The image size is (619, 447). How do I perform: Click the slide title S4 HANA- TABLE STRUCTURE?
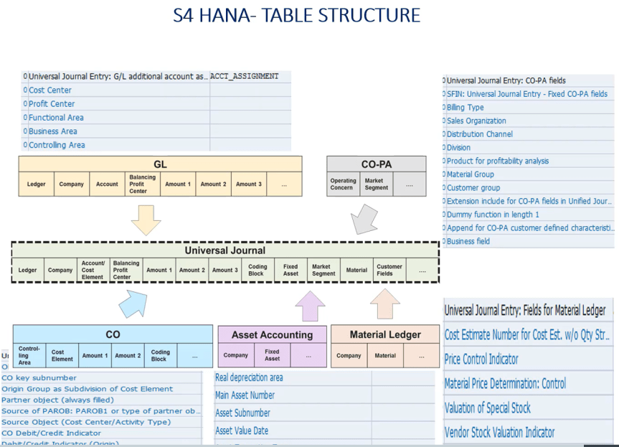pos(296,15)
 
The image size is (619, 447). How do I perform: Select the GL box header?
pos(160,164)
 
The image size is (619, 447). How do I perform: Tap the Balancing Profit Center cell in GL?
pos(138,184)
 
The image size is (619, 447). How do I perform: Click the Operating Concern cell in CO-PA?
pos(342,184)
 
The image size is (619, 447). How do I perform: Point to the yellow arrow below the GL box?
pos(146,219)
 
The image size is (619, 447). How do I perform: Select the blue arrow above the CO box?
pos(133,302)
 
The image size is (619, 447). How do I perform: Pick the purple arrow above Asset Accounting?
pos(310,305)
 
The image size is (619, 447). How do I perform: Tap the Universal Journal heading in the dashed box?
pos(225,250)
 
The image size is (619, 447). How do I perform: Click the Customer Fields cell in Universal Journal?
pos(389,270)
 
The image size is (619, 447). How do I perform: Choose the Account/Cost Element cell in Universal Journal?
pos(93,270)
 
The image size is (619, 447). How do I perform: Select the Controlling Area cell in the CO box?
pos(29,355)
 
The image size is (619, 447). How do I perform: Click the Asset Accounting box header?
pos(272,334)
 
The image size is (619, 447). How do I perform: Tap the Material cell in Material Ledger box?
pos(385,355)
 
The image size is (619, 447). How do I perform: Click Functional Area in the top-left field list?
pos(56,118)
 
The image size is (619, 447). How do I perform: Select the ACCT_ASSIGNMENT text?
pos(244,76)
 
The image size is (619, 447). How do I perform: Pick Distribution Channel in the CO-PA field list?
pos(479,134)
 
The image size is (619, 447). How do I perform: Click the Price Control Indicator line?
pos(481,359)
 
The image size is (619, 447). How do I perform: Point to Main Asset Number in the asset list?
pos(245,395)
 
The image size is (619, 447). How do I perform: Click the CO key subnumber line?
pos(39,377)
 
